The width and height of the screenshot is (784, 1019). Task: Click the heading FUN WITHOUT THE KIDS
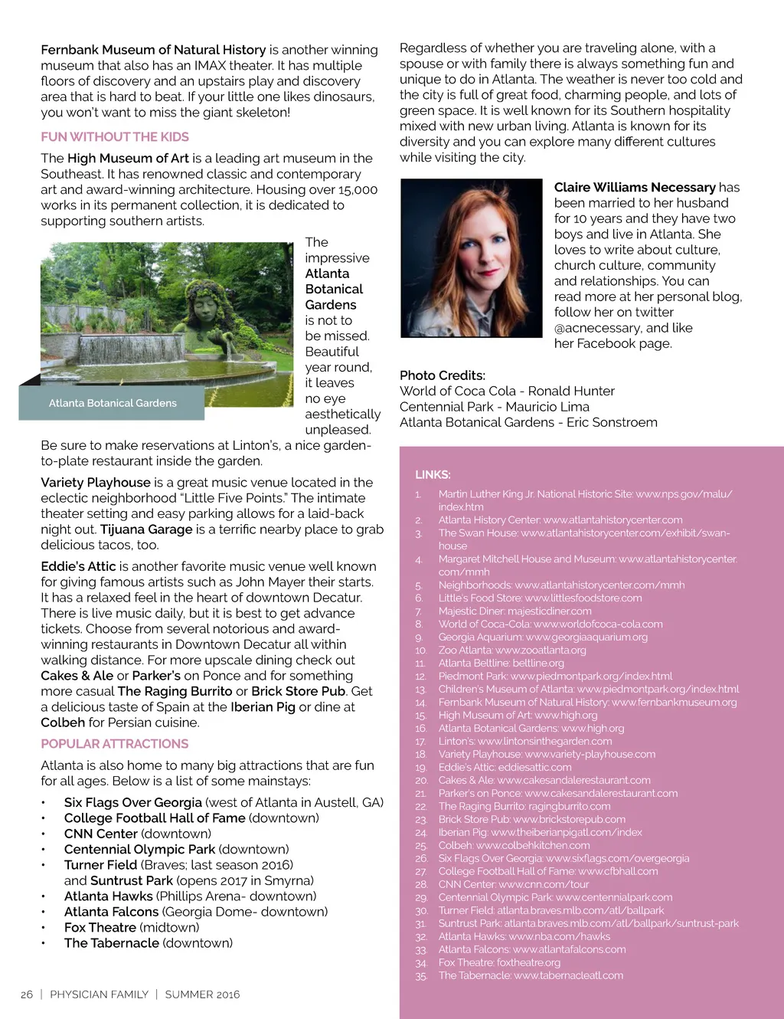tap(115, 137)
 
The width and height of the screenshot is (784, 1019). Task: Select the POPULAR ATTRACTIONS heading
tap(115, 744)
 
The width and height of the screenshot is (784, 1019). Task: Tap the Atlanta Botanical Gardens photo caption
tap(113, 403)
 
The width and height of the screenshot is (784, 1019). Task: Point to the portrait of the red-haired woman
tap(471, 258)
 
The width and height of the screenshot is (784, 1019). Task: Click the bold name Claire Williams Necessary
tap(635, 188)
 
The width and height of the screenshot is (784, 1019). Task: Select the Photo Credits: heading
tap(443, 375)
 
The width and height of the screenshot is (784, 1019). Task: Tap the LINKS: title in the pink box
tap(433, 475)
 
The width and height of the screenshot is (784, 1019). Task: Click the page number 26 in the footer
tap(27, 994)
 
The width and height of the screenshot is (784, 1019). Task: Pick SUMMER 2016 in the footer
tap(202, 994)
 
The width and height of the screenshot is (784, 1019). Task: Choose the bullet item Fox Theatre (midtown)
tap(132, 928)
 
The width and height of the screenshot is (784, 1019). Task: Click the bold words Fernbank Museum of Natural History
tap(153, 50)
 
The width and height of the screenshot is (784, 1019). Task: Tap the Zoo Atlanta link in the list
tap(512, 650)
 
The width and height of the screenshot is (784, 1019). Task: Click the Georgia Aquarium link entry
tap(543, 637)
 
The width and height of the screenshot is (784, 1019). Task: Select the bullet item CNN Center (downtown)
tap(138, 834)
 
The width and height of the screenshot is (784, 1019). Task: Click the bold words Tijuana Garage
tap(146, 529)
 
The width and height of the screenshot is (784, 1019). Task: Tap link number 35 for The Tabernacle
tap(530, 976)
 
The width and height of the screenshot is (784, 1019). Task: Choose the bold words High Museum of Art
tap(128, 159)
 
